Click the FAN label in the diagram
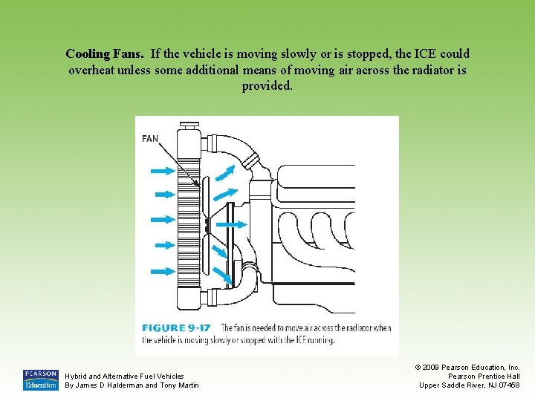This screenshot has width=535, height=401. click(x=150, y=138)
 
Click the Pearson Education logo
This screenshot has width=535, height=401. click(x=40, y=379)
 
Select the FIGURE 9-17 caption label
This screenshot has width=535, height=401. click(x=175, y=327)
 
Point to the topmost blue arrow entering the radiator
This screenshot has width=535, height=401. click(x=160, y=171)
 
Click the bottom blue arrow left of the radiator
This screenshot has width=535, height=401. click(x=160, y=270)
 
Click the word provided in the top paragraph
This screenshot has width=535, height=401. click(x=267, y=86)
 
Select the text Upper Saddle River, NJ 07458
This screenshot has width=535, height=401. click(x=470, y=385)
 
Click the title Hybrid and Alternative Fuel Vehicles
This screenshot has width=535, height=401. click(x=125, y=376)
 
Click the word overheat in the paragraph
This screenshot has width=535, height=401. click(x=94, y=71)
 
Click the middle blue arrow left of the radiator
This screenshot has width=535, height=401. click(x=160, y=220)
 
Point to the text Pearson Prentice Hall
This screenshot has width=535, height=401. click(x=484, y=376)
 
